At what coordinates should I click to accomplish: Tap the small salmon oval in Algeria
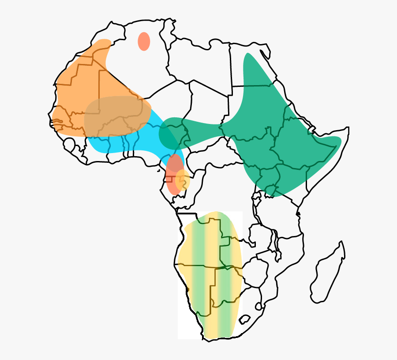pos(144,41)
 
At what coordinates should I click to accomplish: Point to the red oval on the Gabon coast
pos(173,174)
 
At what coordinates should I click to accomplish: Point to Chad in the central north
pos(207,106)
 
